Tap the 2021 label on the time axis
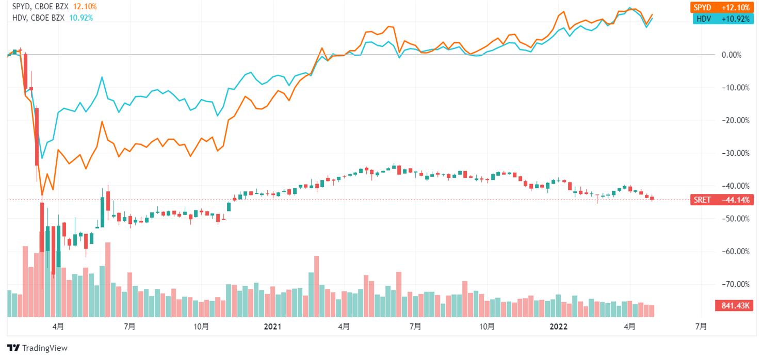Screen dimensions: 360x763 (x=272, y=326)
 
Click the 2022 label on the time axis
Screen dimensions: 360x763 (x=558, y=326)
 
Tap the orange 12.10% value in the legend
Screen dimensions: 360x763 (x=85, y=7)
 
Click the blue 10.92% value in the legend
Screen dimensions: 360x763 (x=80, y=18)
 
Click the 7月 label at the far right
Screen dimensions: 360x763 (x=701, y=326)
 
